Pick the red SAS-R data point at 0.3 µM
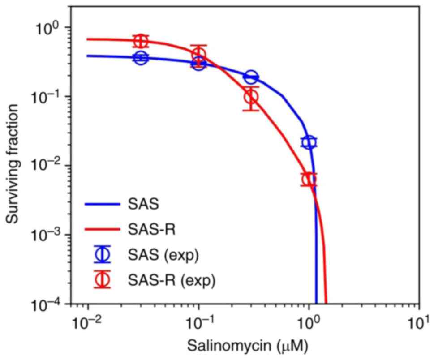pyautogui.click(x=251, y=97)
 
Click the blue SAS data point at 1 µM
pyautogui.click(x=309, y=142)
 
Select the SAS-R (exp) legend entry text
pyautogui.click(x=172, y=281)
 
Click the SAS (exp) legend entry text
pyautogui.click(x=163, y=255)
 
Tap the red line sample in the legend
pyautogui.click(x=103, y=229)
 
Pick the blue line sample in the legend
pyautogui.click(x=103, y=204)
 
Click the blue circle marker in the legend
pyautogui.click(x=103, y=254)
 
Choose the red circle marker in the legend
pyautogui.click(x=103, y=279)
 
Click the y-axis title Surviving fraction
pyautogui.click(x=12, y=163)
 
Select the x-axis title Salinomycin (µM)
pyautogui.click(x=248, y=346)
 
